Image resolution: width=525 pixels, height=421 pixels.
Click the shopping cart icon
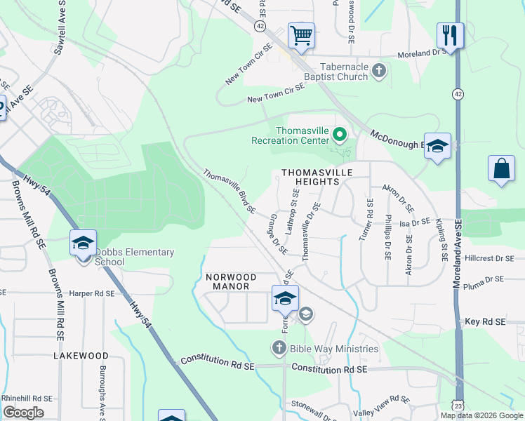point(301,34)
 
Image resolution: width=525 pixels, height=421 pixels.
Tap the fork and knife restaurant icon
point(450,34)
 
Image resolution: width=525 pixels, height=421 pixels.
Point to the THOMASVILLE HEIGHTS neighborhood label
point(310,176)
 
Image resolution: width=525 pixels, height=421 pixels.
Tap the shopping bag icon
point(502,168)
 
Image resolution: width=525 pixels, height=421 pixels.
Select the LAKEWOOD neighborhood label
point(81,356)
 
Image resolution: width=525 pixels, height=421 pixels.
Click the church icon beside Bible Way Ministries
point(279,347)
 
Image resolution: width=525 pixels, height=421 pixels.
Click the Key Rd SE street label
point(485,321)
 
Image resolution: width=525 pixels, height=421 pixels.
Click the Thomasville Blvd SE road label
point(230,191)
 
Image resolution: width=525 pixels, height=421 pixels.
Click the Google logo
point(24,413)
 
